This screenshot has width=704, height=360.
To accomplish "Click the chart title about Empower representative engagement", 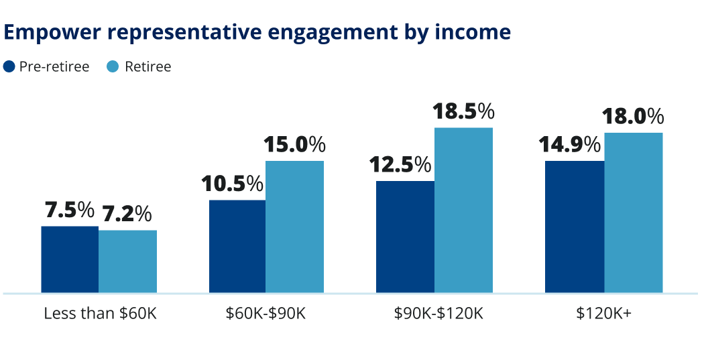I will (257, 32).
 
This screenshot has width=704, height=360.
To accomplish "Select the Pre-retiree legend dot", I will (9, 66).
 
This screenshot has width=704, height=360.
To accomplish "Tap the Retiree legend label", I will (148, 66).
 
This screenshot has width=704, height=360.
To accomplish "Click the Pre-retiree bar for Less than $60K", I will (70, 259).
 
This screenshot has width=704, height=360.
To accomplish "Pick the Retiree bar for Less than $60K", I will (128, 261).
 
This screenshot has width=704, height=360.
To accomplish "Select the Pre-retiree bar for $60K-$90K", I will (237, 246).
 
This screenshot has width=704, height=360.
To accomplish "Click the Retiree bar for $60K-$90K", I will (294, 227).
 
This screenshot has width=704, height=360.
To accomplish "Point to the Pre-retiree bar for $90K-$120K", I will (405, 237).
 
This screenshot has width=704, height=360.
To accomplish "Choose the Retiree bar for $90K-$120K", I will (463, 210).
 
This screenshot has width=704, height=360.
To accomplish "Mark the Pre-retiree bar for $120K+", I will (575, 227).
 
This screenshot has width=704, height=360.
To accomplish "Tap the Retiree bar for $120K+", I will (633, 213).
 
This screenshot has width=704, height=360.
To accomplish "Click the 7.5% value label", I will (69, 211).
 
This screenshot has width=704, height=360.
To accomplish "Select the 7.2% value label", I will (127, 215).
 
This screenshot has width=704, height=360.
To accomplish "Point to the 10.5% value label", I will (233, 184).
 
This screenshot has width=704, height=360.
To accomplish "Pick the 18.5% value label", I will (463, 111).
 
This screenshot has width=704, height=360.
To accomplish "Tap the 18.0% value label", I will (633, 117).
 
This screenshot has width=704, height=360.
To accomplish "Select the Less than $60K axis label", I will (100, 313).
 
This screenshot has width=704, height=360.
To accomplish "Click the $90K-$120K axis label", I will (434, 313).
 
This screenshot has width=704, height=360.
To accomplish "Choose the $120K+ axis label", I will (603, 313).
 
